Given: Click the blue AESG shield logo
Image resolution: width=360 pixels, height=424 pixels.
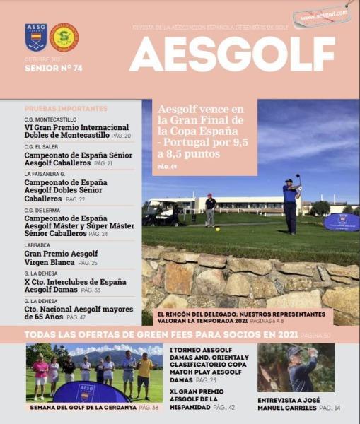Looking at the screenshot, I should (36, 37).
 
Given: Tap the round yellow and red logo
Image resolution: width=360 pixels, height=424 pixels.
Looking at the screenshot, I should (64, 37).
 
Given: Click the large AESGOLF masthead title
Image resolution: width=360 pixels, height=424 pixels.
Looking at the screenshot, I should (232, 54).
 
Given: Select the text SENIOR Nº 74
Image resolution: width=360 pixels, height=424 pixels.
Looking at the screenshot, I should (53, 69).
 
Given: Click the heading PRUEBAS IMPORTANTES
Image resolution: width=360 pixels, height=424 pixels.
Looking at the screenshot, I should (66, 109).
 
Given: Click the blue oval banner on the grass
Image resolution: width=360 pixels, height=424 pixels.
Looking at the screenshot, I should (341, 222).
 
